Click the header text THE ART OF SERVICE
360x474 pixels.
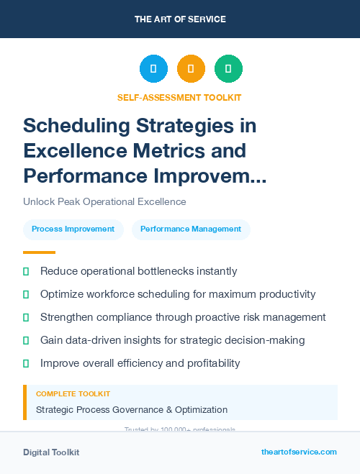point(180,19)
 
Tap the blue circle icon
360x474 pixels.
point(153,68)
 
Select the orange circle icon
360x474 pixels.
point(191,68)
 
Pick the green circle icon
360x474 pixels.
point(228,68)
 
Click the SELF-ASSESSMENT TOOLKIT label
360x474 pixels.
point(179,97)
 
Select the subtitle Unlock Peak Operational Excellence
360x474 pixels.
point(104,201)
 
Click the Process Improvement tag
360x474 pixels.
point(73,229)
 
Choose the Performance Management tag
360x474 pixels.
point(191,229)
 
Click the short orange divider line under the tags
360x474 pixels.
point(39,252)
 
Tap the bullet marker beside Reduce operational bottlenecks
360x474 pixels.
point(26,271)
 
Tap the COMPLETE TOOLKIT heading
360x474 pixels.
point(73,394)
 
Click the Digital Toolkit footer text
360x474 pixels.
point(51,452)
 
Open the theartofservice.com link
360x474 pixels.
point(299,452)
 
